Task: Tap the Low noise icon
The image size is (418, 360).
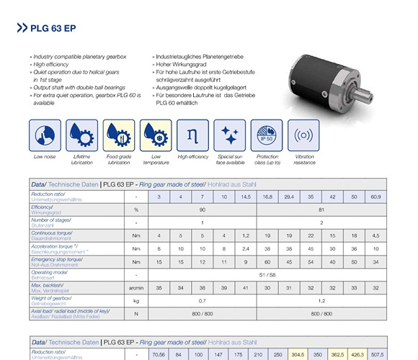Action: (x=44, y=135)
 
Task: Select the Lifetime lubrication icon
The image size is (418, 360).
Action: (x=81, y=135)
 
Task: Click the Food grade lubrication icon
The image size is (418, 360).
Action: (x=119, y=135)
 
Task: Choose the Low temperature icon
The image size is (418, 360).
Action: (x=156, y=135)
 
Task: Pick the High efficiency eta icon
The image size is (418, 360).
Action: (x=192, y=135)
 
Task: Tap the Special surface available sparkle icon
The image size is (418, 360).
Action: (x=230, y=135)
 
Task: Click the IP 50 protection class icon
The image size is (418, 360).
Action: (x=267, y=135)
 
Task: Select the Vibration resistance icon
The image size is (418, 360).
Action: (x=304, y=135)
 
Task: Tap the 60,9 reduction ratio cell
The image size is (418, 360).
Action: (x=375, y=197)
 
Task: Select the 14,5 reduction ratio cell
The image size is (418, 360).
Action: (x=246, y=197)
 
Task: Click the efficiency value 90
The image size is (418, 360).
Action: (x=203, y=210)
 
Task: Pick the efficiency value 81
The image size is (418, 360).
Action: (x=322, y=210)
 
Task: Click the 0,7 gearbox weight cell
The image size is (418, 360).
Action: (x=203, y=301)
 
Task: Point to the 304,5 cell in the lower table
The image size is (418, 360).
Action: (x=297, y=355)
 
